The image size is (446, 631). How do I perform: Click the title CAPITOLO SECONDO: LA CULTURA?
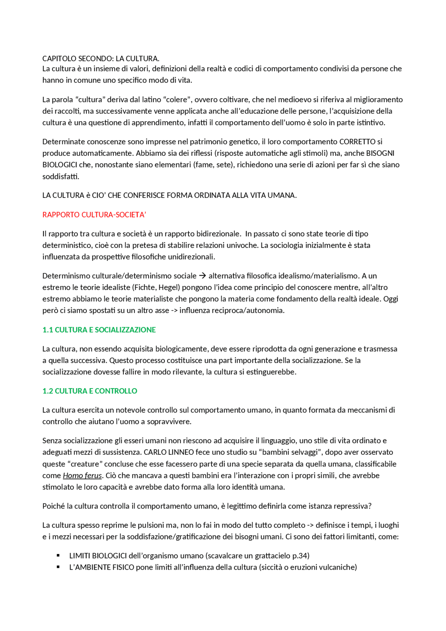pyautogui.click(x=101, y=59)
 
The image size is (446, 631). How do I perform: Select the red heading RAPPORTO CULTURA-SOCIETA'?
pyautogui.click(x=94, y=215)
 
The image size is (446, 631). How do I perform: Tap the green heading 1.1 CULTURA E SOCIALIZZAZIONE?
pyautogui.click(x=99, y=330)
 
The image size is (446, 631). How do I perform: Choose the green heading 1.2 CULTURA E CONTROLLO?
pyautogui.click(x=90, y=391)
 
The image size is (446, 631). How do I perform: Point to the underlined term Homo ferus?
pyautogui.click(x=82, y=476)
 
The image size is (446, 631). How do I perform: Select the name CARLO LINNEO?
pyautogui.click(x=169, y=452)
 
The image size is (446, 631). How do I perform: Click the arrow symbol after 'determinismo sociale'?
pyautogui.click(x=202, y=276)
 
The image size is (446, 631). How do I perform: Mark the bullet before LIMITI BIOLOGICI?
pyautogui.click(x=58, y=556)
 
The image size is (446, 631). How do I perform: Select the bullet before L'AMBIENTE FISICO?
pyautogui.click(x=58, y=567)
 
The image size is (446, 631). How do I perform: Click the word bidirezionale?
pyautogui.click(x=217, y=234)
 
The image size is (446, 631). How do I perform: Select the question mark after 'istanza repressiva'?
pyautogui.click(x=370, y=506)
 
